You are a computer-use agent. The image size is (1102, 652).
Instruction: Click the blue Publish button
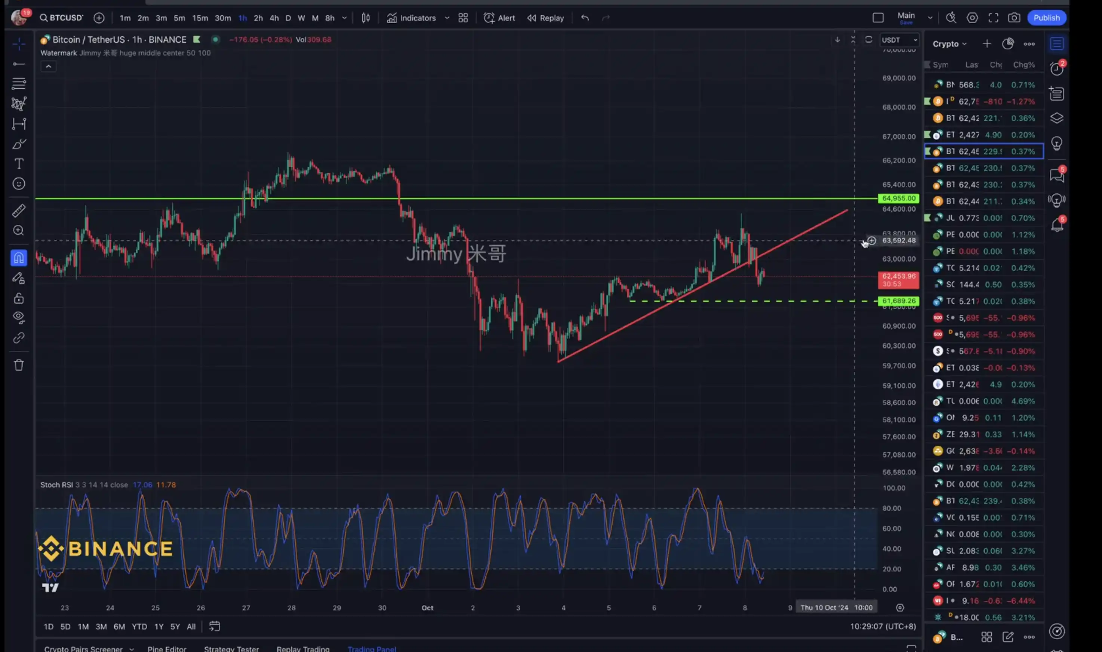[x=1046, y=18]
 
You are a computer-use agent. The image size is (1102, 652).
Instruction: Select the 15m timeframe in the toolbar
[x=200, y=18]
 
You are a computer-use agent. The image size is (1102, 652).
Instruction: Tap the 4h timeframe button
[x=274, y=18]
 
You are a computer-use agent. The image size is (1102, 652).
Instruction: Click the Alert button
[x=500, y=18]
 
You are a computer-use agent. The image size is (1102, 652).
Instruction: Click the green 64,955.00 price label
[x=899, y=199]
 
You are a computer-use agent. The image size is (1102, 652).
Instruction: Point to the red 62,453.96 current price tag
[x=899, y=279]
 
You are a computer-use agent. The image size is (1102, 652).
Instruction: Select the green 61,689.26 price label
[x=899, y=301]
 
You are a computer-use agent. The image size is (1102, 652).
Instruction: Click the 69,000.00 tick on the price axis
[x=899, y=78]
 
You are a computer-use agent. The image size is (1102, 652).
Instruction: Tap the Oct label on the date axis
[x=427, y=608]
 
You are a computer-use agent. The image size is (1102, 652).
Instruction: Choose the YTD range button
[x=139, y=627]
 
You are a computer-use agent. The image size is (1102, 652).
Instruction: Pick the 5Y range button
[x=175, y=627]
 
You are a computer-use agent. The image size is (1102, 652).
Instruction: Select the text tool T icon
[x=18, y=164]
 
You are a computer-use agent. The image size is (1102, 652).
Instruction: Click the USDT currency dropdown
[x=899, y=40]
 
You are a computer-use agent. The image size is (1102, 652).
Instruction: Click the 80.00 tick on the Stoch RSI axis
[x=892, y=508]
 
